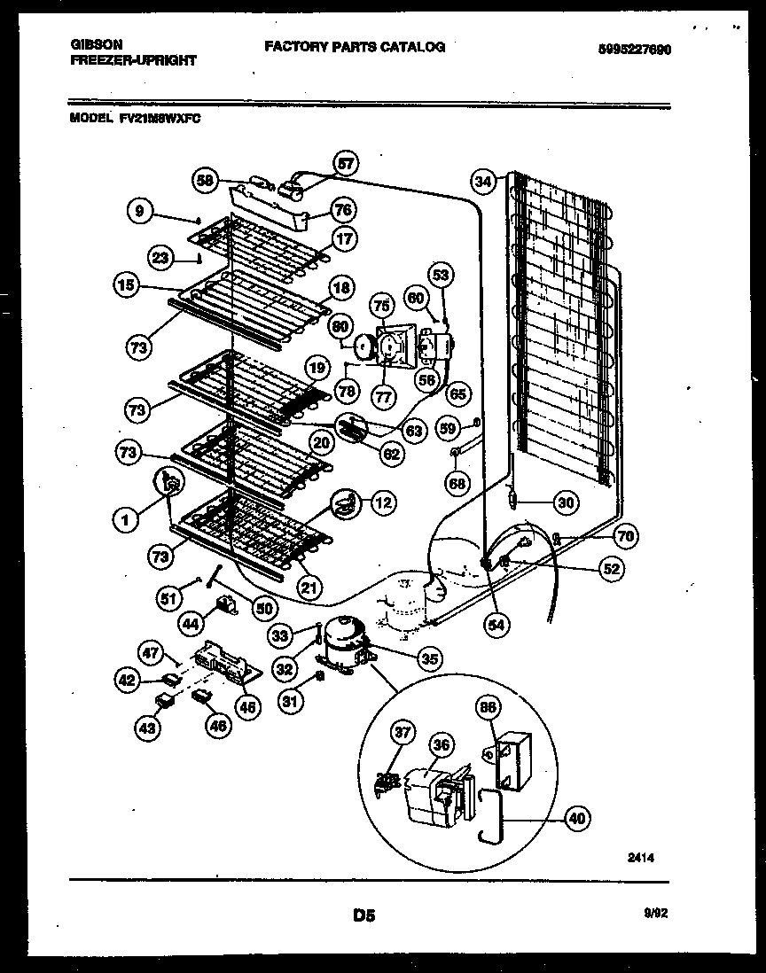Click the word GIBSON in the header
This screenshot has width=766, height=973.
tap(92, 44)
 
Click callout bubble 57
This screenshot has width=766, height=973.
tap(346, 163)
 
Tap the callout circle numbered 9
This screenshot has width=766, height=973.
tap(138, 211)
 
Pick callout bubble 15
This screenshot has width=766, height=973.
tap(127, 285)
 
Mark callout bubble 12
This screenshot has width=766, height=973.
tap(381, 503)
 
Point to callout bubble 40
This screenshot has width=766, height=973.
tap(577, 819)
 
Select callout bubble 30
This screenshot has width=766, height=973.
tap(565, 502)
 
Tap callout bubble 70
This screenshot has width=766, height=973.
tap(626, 536)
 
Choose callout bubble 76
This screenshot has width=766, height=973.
tap(342, 210)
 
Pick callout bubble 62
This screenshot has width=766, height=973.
tap(391, 454)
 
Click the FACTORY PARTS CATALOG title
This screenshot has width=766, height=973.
tap(354, 46)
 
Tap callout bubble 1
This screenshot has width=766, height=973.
tap(127, 521)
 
